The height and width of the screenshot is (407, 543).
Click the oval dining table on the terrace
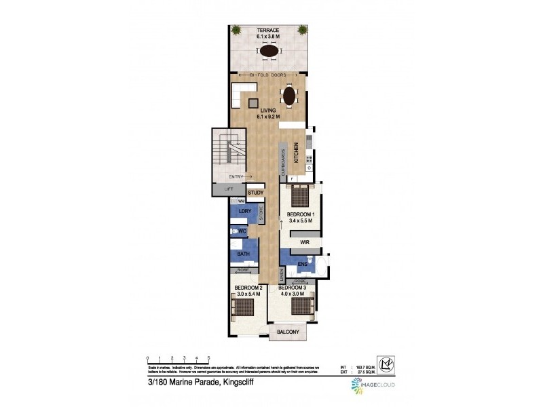pos(269,52)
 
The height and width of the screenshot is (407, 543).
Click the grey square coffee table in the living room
pos(253,103)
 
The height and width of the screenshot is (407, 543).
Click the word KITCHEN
pos(296,152)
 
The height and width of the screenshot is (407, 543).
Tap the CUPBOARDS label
pos(283,163)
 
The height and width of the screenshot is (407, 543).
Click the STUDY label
pos(255,193)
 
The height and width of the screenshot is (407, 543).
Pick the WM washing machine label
pos(241,201)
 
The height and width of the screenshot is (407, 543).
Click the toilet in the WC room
pos(235,231)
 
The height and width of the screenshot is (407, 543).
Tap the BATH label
pos(243,254)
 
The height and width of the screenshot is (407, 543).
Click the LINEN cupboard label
pos(282,276)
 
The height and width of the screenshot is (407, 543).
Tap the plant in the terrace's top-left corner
pos(236,30)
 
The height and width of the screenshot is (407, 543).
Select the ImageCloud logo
pos(372,386)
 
